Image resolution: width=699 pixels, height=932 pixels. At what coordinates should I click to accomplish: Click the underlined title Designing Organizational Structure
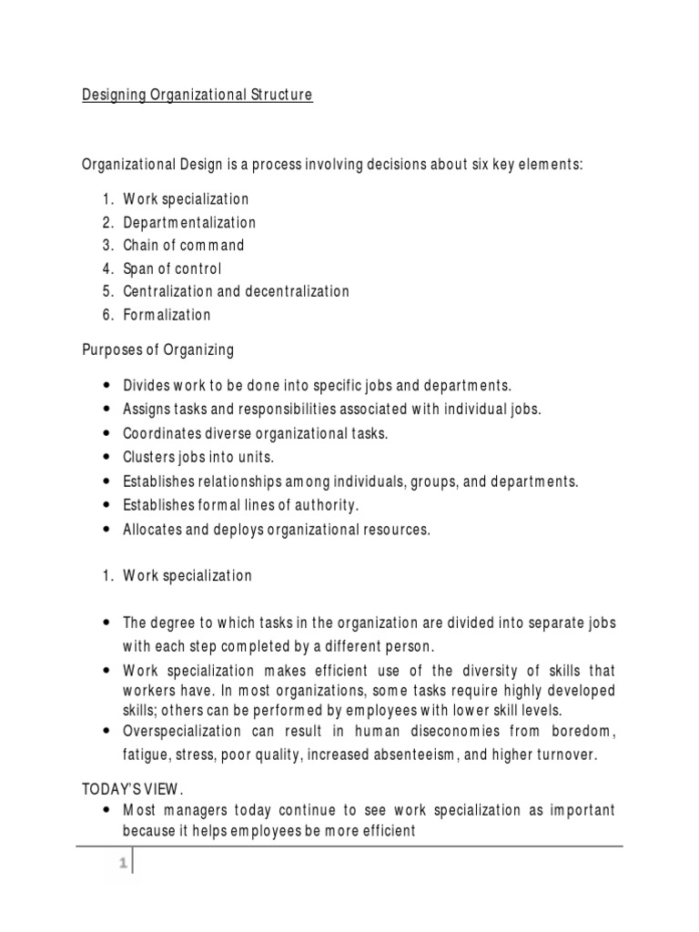198,96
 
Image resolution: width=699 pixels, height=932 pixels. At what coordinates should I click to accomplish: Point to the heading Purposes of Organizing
157,349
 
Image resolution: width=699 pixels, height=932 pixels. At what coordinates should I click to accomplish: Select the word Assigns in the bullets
147,410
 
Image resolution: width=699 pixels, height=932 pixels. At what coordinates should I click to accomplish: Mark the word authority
318,505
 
